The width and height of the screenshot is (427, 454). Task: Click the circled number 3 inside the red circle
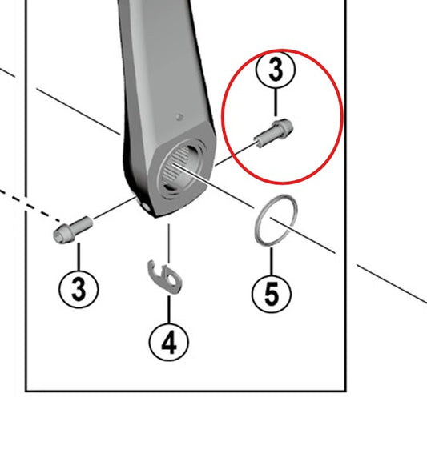(276, 70)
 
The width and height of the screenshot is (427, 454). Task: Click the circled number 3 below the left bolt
(79, 289)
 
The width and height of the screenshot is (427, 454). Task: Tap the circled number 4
(169, 342)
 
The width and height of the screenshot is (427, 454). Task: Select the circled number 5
(272, 294)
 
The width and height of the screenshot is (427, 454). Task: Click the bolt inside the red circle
(274, 133)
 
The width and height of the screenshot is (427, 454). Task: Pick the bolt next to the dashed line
(73, 230)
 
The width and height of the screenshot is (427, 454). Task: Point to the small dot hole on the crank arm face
(179, 117)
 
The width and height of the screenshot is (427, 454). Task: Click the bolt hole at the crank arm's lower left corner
(147, 207)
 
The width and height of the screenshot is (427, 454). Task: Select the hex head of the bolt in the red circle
(283, 129)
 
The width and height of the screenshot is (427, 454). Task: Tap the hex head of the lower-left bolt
(62, 235)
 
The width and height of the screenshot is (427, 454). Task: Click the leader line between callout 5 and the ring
(272, 261)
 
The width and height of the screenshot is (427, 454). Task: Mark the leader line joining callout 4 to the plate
(169, 309)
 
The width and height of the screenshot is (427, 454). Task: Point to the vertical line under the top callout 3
(276, 102)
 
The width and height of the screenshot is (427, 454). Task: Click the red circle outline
(222, 116)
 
